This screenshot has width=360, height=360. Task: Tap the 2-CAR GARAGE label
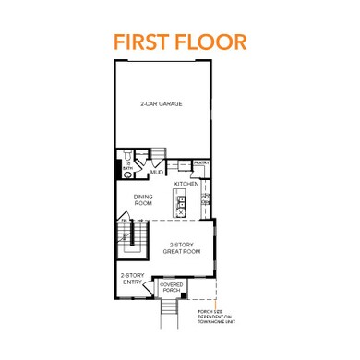pyautogui.click(x=162, y=104)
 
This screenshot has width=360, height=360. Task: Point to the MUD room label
pyautogui.click(x=156, y=172)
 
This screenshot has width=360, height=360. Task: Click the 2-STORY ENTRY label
pyautogui.click(x=132, y=280)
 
